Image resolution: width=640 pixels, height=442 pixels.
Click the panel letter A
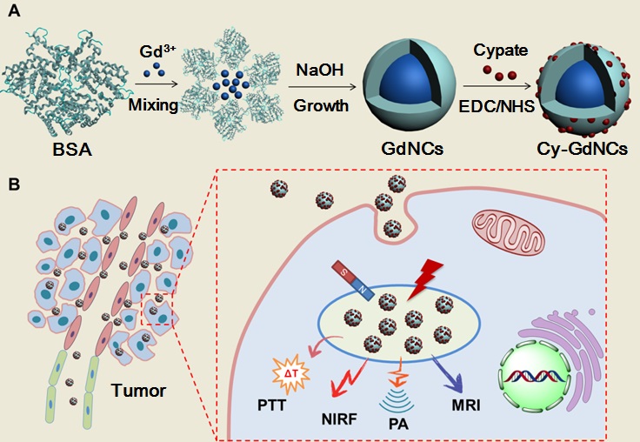[x=13, y=15]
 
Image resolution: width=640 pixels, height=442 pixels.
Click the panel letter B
[x=13, y=184]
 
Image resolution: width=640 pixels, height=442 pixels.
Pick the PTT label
[x=270, y=405]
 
